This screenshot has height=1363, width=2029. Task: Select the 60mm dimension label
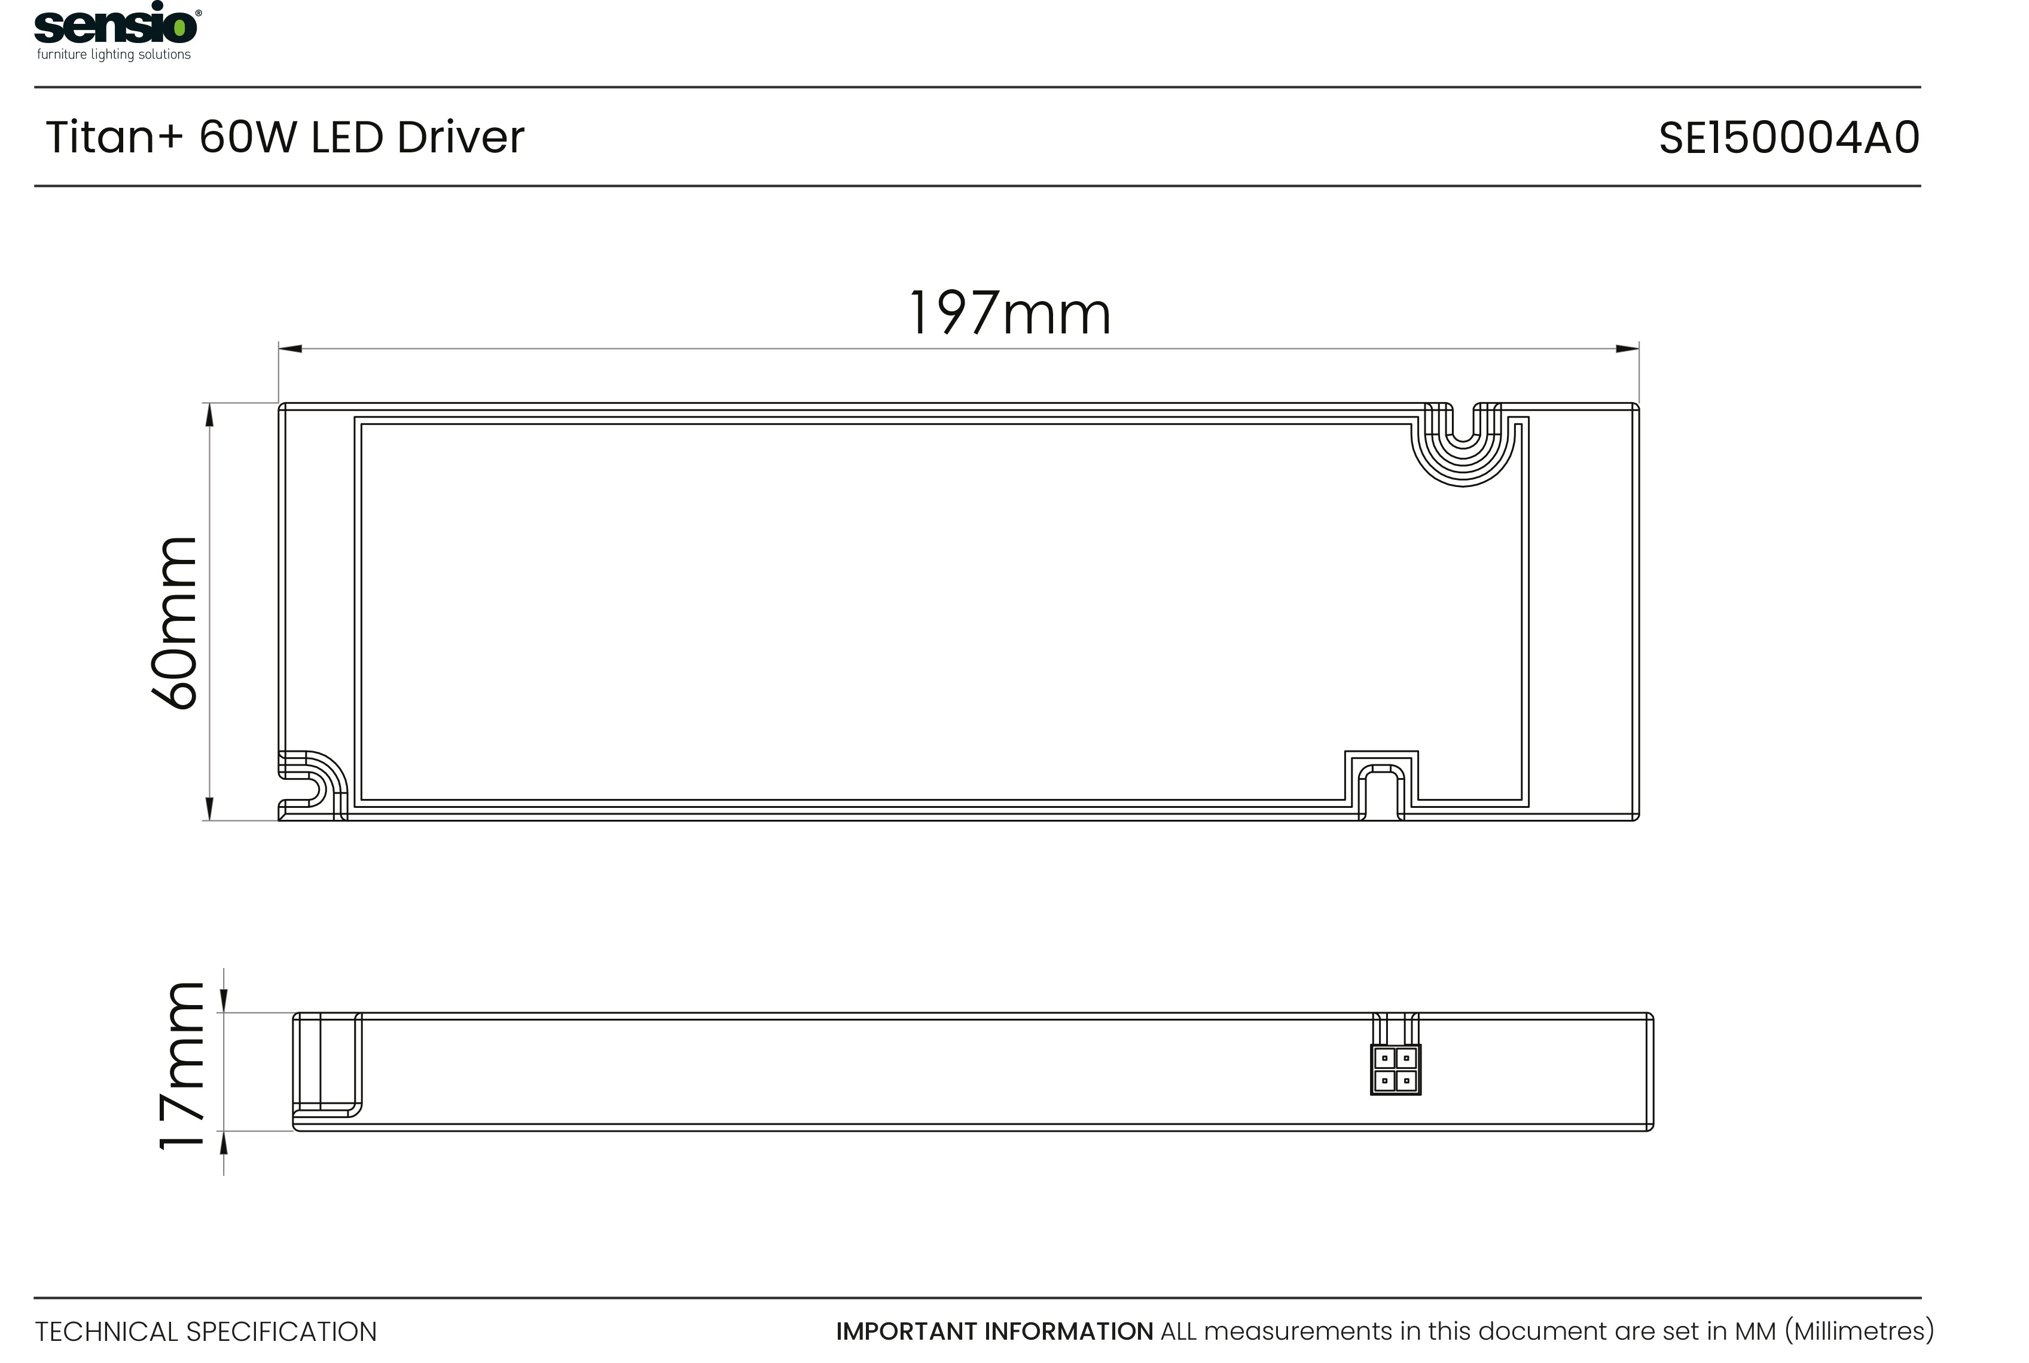[x=175, y=623]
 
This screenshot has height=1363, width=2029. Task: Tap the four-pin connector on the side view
[x=1395, y=1069]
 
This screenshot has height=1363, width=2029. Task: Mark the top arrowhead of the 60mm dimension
[x=209, y=415]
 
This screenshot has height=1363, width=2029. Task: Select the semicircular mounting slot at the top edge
[x=1463, y=439]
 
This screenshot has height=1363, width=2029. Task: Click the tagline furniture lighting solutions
[x=114, y=55]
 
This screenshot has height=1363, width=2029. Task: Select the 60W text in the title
[x=248, y=137]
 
